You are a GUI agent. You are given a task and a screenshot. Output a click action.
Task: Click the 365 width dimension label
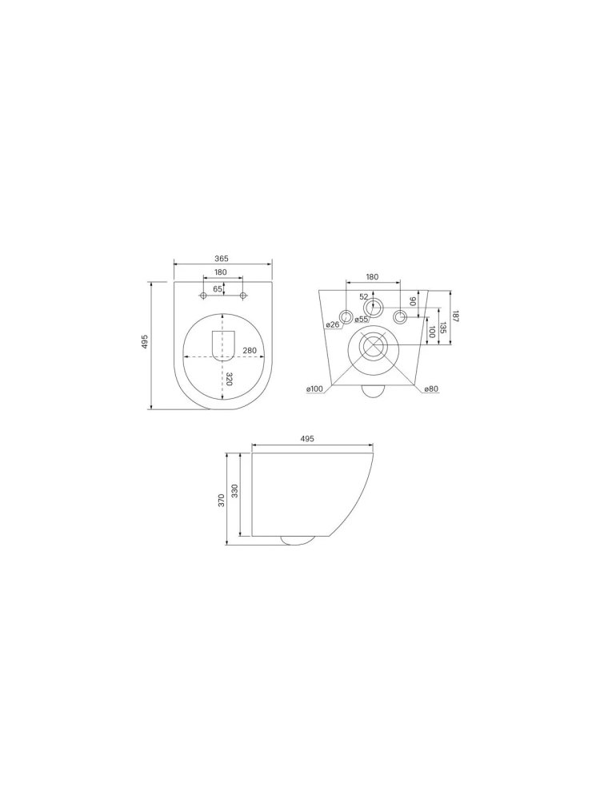[x=221, y=258]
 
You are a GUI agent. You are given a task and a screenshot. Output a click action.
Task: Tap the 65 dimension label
[x=218, y=288]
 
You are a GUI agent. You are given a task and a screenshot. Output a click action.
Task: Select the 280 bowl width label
[x=250, y=351]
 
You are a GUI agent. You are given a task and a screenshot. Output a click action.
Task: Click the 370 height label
[x=222, y=500]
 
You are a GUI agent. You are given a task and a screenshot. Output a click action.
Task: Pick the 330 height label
[x=234, y=491]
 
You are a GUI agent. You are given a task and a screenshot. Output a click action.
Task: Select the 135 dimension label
[x=442, y=328]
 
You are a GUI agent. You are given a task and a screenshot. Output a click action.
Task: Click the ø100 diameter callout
[x=314, y=389]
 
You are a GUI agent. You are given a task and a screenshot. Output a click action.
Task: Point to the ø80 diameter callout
[x=431, y=389]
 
